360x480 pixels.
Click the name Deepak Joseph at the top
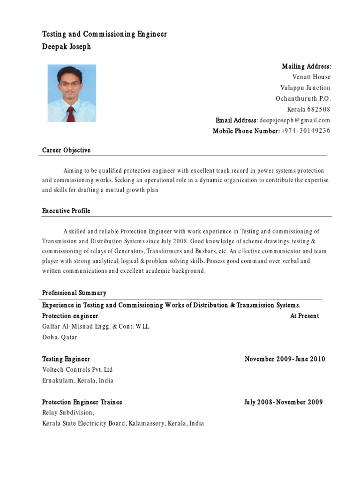click(x=67, y=47)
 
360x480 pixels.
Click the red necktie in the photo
click(x=70, y=113)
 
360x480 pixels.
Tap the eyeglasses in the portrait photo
click(x=69, y=84)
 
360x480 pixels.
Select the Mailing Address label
click(x=306, y=67)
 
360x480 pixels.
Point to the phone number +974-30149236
click(x=306, y=131)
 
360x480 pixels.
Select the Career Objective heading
click(x=66, y=150)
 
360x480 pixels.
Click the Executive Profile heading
click(x=66, y=211)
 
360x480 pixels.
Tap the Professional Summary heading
click(x=74, y=293)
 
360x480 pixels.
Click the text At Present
click(x=304, y=316)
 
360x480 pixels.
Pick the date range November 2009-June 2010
click(x=285, y=359)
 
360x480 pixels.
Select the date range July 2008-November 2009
click(x=283, y=402)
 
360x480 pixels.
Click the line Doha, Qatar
click(x=60, y=337)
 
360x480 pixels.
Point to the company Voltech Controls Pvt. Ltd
click(x=77, y=370)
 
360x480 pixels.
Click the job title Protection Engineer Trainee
click(x=82, y=402)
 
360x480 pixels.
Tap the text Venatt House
click(x=311, y=77)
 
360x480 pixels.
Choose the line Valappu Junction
click(x=305, y=88)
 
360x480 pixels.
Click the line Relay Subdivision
click(x=68, y=413)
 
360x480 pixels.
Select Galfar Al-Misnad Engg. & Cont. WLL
click(x=96, y=327)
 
